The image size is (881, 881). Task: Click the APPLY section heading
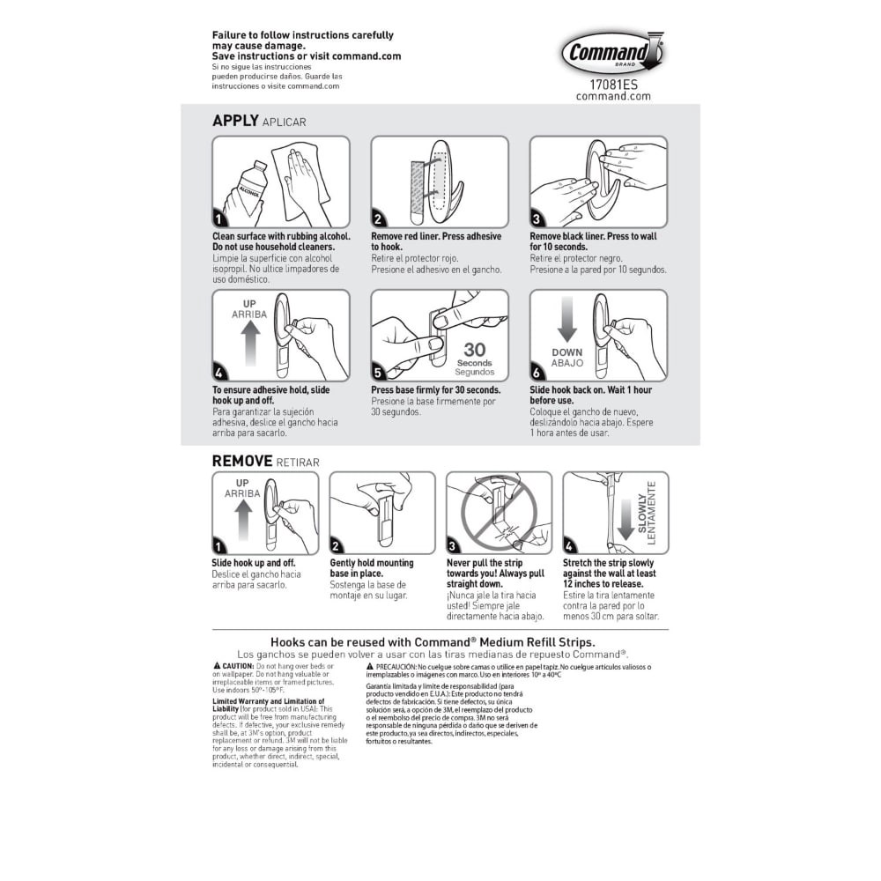[235, 122]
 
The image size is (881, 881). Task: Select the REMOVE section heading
[242, 461]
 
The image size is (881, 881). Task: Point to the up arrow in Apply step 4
[249, 343]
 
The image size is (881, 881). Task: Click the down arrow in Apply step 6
[566, 320]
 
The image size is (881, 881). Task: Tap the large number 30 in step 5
[474, 350]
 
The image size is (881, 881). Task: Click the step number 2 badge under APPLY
[378, 219]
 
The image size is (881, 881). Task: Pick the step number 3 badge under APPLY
[537, 219]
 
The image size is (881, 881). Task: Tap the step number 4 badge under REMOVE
[569, 546]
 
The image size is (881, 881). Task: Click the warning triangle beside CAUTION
[217, 666]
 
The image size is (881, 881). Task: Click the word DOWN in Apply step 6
[566, 352]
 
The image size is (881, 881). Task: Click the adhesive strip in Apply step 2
[418, 190]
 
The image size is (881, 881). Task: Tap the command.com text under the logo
[613, 97]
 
